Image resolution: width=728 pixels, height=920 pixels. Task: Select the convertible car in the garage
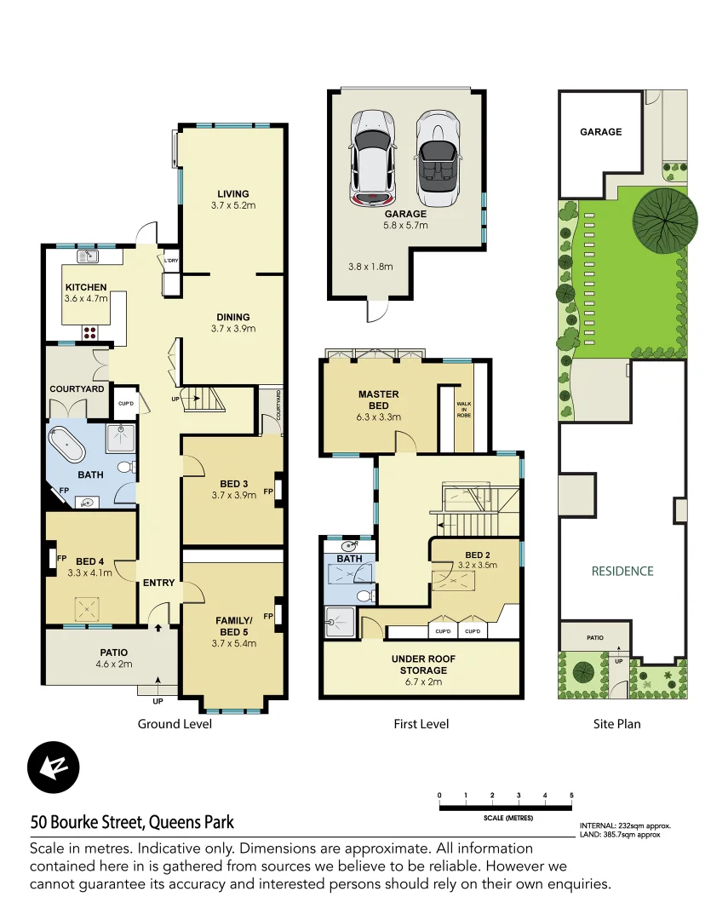coord(437,157)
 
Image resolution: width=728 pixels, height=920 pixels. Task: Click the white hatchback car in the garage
coord(373,157)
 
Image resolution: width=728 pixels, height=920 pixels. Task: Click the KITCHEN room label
coord(86,287)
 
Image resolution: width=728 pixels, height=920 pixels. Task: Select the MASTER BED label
coord(378,400)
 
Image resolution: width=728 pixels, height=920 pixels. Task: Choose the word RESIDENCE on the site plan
coord(622,571)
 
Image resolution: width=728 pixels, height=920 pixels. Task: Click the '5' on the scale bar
coord(571,795)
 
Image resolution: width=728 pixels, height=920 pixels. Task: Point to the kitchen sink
coord(88,256)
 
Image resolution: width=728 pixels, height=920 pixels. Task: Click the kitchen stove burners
coord(89,331)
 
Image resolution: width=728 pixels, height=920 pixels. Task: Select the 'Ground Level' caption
coord(175,724)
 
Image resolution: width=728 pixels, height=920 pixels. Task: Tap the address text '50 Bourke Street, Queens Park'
coord(132,823)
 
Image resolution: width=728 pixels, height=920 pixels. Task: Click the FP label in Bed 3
coord(268,492)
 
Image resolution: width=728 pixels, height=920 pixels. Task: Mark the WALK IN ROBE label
coord(464,410)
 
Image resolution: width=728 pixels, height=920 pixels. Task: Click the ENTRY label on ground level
coord(158,583)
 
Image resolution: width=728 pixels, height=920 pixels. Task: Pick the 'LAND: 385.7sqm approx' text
coord(620,835)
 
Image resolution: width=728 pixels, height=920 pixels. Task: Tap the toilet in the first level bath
coord(364,595)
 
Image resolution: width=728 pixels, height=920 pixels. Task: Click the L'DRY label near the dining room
coord(170,261)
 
